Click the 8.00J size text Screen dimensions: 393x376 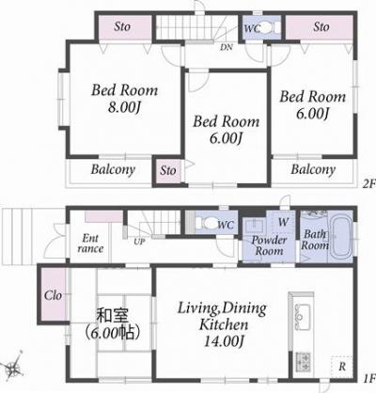tap(123, 109)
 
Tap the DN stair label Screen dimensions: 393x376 tap(226, 46)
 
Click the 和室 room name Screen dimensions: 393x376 tap(115, 317)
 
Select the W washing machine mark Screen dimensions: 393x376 tap(283, 223)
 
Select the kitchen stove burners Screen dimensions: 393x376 tap(304, 360)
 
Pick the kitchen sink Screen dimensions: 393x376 tap(304, 317)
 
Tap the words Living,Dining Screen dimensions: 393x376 tap(223, 306)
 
